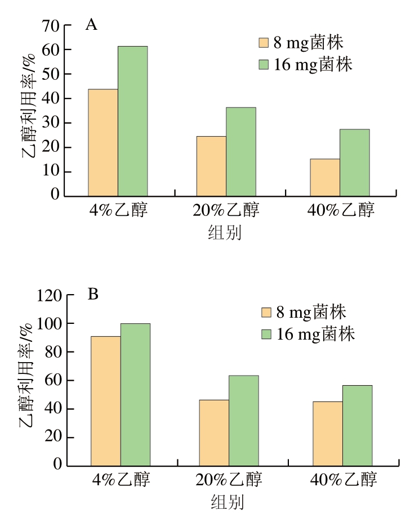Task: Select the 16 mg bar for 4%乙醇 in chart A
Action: pyautogui.click(x=132, y=121)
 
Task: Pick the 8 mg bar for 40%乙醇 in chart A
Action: pyautogui.click(x=325, y=177)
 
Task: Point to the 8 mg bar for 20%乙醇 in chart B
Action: pyautogui.click(x=214, y=432)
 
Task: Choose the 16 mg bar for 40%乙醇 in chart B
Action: pyautogui.click(x=357, y=425)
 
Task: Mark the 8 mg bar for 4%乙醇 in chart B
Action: pyautogui.click(x=106, y=401)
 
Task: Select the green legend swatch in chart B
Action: pyautogui.click(x=267, y=335)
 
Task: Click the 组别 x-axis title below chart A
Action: pyautogui.click(x=225, y=232)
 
